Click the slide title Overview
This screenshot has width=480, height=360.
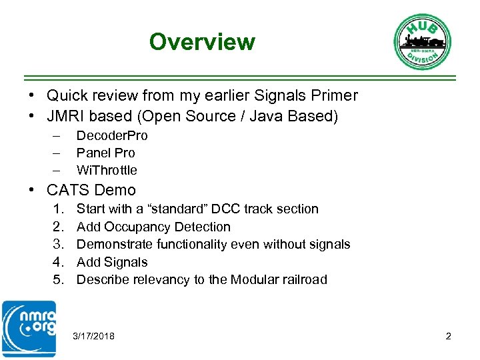202,42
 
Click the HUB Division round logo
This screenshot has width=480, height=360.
423,41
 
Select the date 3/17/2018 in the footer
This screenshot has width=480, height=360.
93,336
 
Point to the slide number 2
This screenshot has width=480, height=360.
449,336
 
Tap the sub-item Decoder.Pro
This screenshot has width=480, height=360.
112,136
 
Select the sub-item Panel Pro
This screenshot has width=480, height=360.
105,153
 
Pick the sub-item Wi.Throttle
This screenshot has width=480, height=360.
107,170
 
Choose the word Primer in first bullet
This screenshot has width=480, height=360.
333,96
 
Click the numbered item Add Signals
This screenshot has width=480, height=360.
112,263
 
